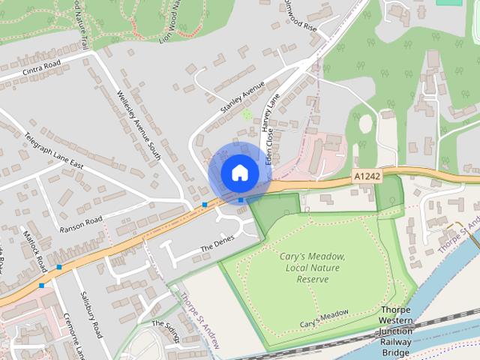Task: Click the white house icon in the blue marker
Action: (239, 172)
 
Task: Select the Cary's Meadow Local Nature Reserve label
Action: (313, 268)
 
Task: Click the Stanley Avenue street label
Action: (243, 98)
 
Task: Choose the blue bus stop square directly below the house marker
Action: (240, 199)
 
